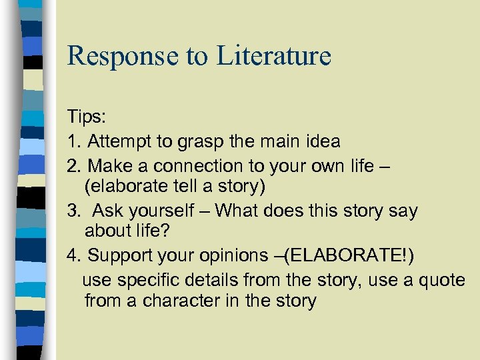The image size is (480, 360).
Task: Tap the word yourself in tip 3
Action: click(157, 211)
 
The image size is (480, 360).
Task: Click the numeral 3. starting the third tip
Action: click(73, 211)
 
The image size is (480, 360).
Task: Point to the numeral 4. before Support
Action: click(73, 255)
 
